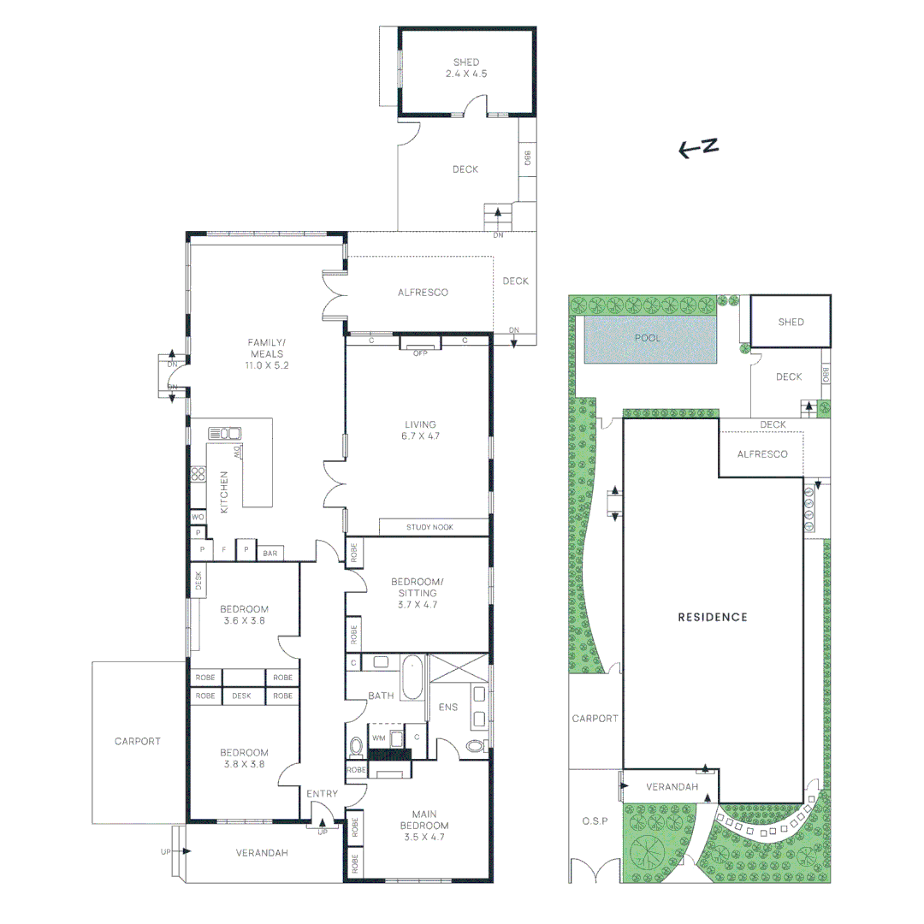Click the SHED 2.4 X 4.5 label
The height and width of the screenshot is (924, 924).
(466, 68)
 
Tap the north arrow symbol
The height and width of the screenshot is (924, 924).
(697, 149)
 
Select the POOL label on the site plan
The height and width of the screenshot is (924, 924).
(648, 338)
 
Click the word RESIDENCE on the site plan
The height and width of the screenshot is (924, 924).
(713, 617)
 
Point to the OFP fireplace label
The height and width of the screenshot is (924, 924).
(420, 352)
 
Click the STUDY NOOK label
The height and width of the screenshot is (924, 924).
(430, 527)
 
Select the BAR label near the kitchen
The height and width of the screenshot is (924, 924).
(270, 554)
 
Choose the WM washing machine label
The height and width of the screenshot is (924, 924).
(378, 737)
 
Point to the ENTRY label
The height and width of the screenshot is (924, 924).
(322, 794)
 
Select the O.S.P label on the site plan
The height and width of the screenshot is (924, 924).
(594, 821)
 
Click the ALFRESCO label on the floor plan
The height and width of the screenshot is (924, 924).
(423, 293)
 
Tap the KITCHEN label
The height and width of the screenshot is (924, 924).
(225, 492)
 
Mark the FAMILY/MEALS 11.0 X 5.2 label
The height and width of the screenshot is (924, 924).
(267, 353)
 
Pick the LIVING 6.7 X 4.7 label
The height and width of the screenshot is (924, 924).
(420, 429)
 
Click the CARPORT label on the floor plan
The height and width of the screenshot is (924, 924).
(137, 741)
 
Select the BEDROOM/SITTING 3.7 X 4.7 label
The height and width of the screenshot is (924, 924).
(413, 593)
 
